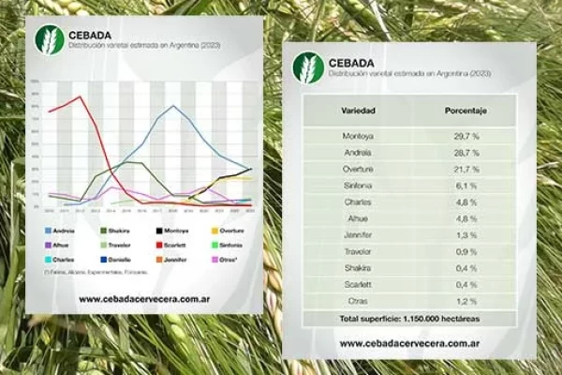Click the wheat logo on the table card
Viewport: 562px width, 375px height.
point(307,67)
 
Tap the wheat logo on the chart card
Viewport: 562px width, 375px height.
point(48,40)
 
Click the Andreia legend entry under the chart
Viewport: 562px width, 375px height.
point(60,229)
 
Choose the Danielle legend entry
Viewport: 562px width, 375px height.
point(113,259)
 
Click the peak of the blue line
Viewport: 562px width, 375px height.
point(175,106)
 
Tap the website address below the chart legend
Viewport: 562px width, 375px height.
point(143,299)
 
